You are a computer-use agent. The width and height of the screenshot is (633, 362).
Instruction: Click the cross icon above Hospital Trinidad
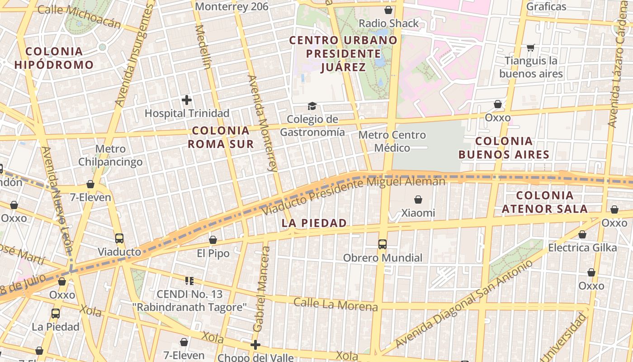tap(186, 100)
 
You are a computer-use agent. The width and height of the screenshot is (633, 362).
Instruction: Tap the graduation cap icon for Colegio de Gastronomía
tap(312, 106)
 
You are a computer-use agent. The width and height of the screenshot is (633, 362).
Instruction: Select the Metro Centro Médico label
tap(392, 141)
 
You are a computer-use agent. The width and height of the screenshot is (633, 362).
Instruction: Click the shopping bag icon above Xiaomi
tap(418, 199)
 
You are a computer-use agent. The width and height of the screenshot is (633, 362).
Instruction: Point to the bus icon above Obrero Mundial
tap(382, 244)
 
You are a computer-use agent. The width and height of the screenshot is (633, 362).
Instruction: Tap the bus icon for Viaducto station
tap(119, 238)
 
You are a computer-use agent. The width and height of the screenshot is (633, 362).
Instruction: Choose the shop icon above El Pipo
tap(213, 240)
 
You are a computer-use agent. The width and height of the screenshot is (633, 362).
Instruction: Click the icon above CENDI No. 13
tap(189, 281)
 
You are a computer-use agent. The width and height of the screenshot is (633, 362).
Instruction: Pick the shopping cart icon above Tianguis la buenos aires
tap(530, 48)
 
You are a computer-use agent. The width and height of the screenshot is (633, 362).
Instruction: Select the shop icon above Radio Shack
tap(388, 10)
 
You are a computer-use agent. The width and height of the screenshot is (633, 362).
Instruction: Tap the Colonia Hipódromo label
tap(54, 58)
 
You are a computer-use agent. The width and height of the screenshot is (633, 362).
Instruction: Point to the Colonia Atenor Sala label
tap(544, 202)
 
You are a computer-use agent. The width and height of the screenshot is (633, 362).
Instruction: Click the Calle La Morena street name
tap(335, 304)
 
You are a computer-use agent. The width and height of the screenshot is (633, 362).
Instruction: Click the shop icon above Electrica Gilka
tap(582, 234)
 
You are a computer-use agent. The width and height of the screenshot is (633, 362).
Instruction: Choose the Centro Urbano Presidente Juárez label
tap(343, 53)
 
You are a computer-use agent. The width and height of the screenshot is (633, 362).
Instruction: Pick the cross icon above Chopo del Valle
tap(255, 345)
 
